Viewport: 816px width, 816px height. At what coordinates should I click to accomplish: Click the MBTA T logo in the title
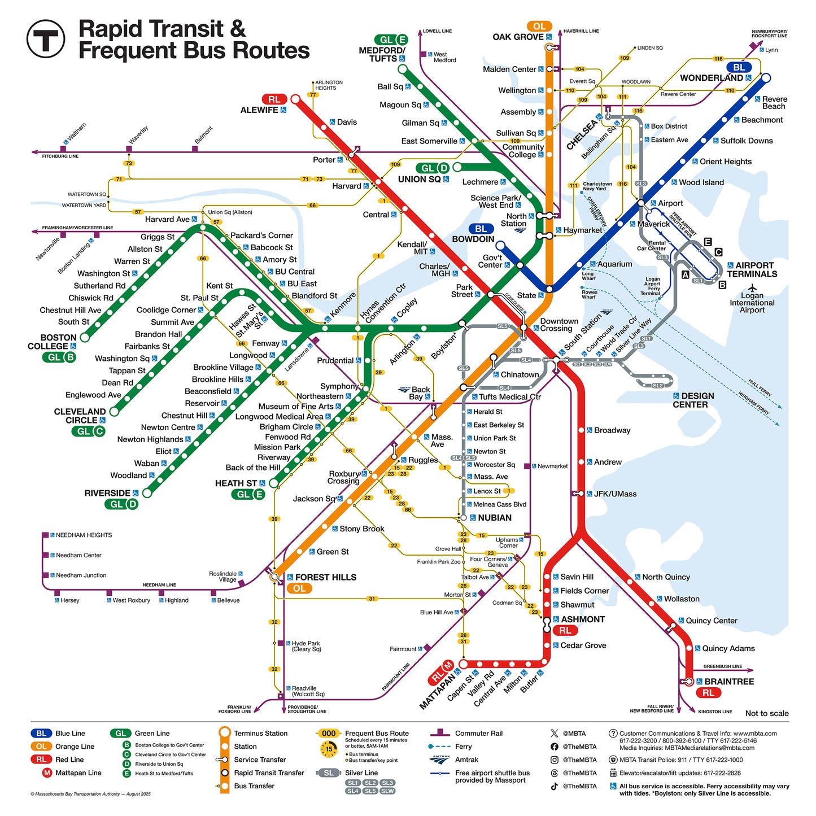pyautogui.click(x=46, y=38)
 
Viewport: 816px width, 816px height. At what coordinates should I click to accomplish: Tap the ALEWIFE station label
pyautogui.click(x=259, y=110)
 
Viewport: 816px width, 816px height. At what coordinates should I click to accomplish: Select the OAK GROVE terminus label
pyautogui.click(x=518, y=37)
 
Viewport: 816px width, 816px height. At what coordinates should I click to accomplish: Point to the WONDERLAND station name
pyautogui.click(x=711, y=78)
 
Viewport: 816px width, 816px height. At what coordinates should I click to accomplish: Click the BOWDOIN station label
pyautogui.click(x=473, y=239)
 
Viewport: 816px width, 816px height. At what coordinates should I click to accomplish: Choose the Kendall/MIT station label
pyautogui.click(x=412, y=248)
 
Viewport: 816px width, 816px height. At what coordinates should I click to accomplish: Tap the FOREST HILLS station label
pyautogui.click(x=326, y=577)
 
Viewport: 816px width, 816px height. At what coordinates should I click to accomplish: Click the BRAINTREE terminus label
pyautogui.click(x=729, y=682)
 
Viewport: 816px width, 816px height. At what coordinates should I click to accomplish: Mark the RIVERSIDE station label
pyautogui.click(x=107, y=493)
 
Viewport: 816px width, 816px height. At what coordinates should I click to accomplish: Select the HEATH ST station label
pyautogui.click(x=236, y=483)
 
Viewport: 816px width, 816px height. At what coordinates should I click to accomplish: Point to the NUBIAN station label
pyautogui.click(x=494, y=518)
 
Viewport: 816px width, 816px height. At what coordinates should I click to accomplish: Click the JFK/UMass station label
pyautogui.click(x=615, y=494)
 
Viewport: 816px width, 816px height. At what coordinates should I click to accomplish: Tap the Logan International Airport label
pyautogui.click(x=752, y=303)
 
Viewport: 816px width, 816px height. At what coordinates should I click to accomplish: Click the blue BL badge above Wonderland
pyautogui.click(x=739, y=67)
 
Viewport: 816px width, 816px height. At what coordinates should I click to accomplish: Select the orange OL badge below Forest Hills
pyautogui.click(x=299, y=588)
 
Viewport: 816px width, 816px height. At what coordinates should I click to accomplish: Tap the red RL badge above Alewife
pyautogui.click(x=274, y=99)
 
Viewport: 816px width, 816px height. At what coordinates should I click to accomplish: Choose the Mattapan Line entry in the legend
pyautogui.click(x=78, y=773)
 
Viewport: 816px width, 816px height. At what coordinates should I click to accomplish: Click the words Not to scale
pyautogui.click(x=766, y=713)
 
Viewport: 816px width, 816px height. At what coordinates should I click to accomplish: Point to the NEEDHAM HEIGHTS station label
pyautogui.click(x=84, y=535)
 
